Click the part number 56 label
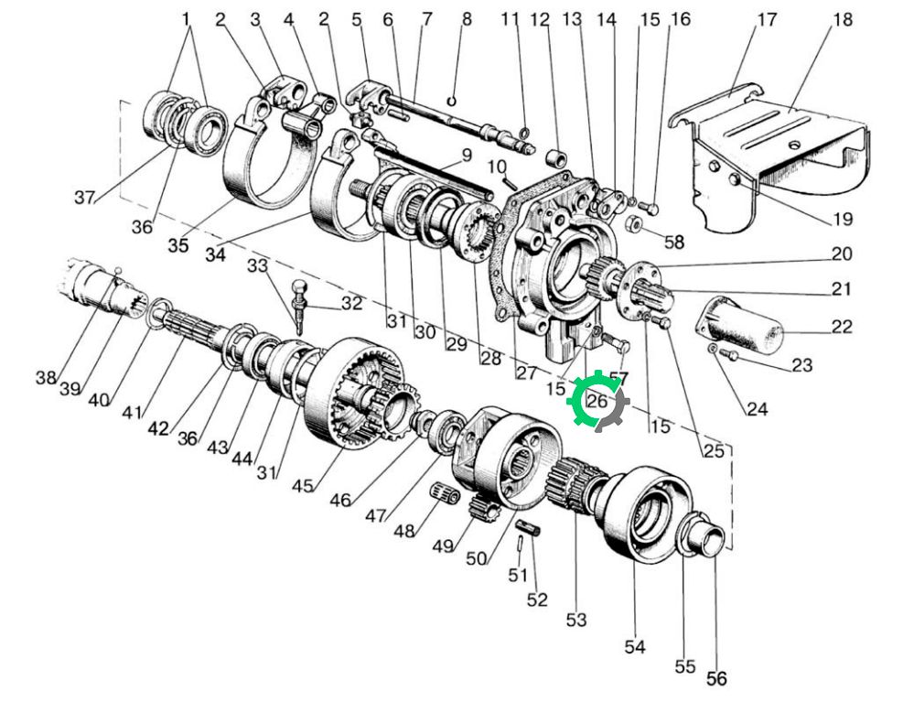point(716,678)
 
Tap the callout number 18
point(843,19)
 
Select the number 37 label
point(84,198)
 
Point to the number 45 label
point(302,486)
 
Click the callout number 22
point(842,327)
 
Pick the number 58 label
point(674,242)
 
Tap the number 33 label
point(258,265)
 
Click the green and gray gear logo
point(597,402)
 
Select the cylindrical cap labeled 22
point(741,325)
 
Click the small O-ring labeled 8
point(452,102)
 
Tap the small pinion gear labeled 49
point(484,508)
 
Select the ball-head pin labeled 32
point(299,306)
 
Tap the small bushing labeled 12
point(556,157)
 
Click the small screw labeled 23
point(728,354)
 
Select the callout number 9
point(467,155)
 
